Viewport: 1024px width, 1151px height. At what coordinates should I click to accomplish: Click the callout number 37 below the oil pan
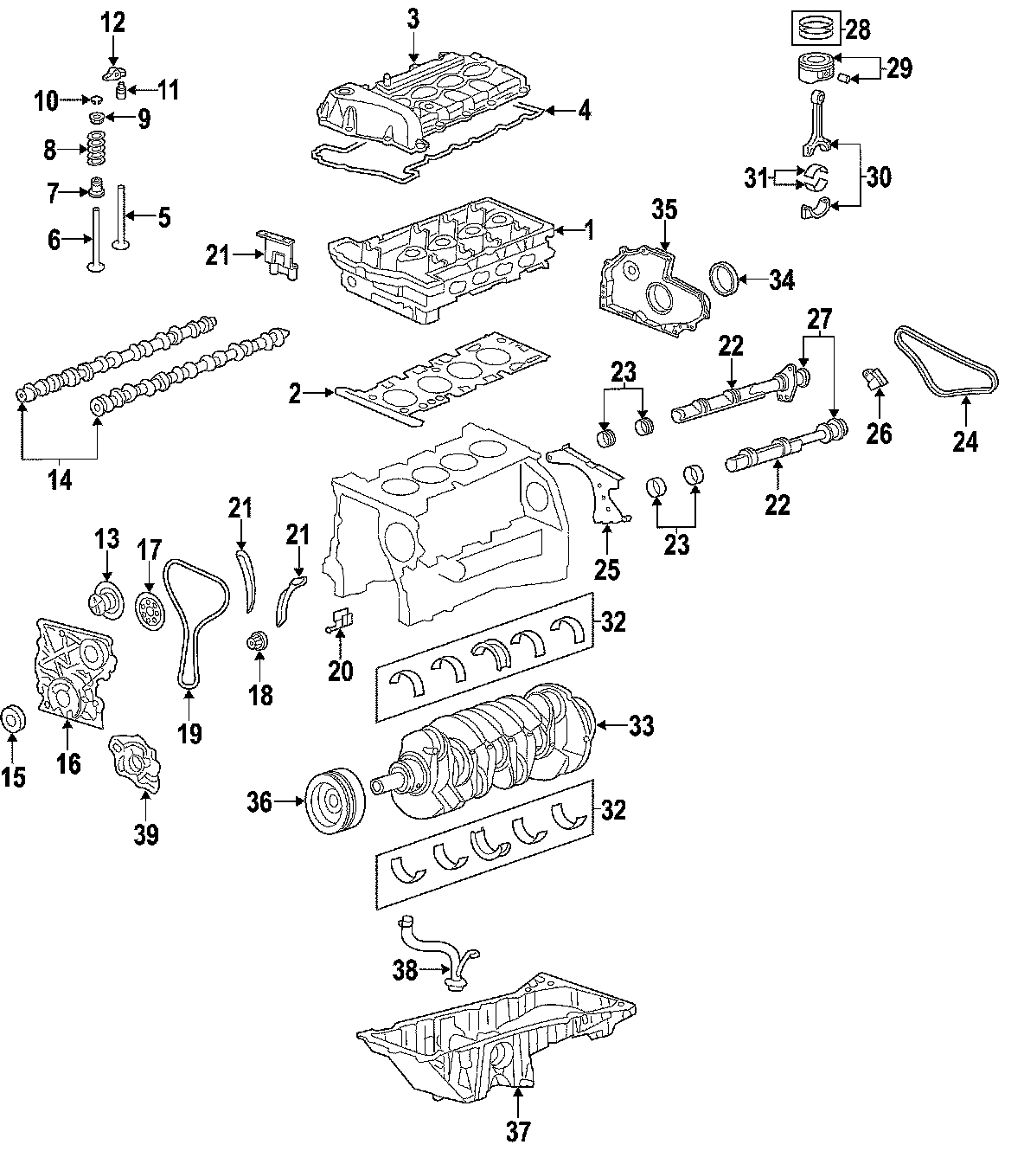517,1129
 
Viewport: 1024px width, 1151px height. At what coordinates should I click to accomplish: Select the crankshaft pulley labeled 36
336,802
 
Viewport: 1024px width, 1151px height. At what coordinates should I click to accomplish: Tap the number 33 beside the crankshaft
641,726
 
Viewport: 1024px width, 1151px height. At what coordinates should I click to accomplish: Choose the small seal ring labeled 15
13,717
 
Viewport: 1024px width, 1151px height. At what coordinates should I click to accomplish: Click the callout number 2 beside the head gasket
295,395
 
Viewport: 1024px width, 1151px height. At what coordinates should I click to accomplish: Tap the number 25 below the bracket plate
607,569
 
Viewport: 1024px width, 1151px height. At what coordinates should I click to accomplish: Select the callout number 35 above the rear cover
663,210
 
